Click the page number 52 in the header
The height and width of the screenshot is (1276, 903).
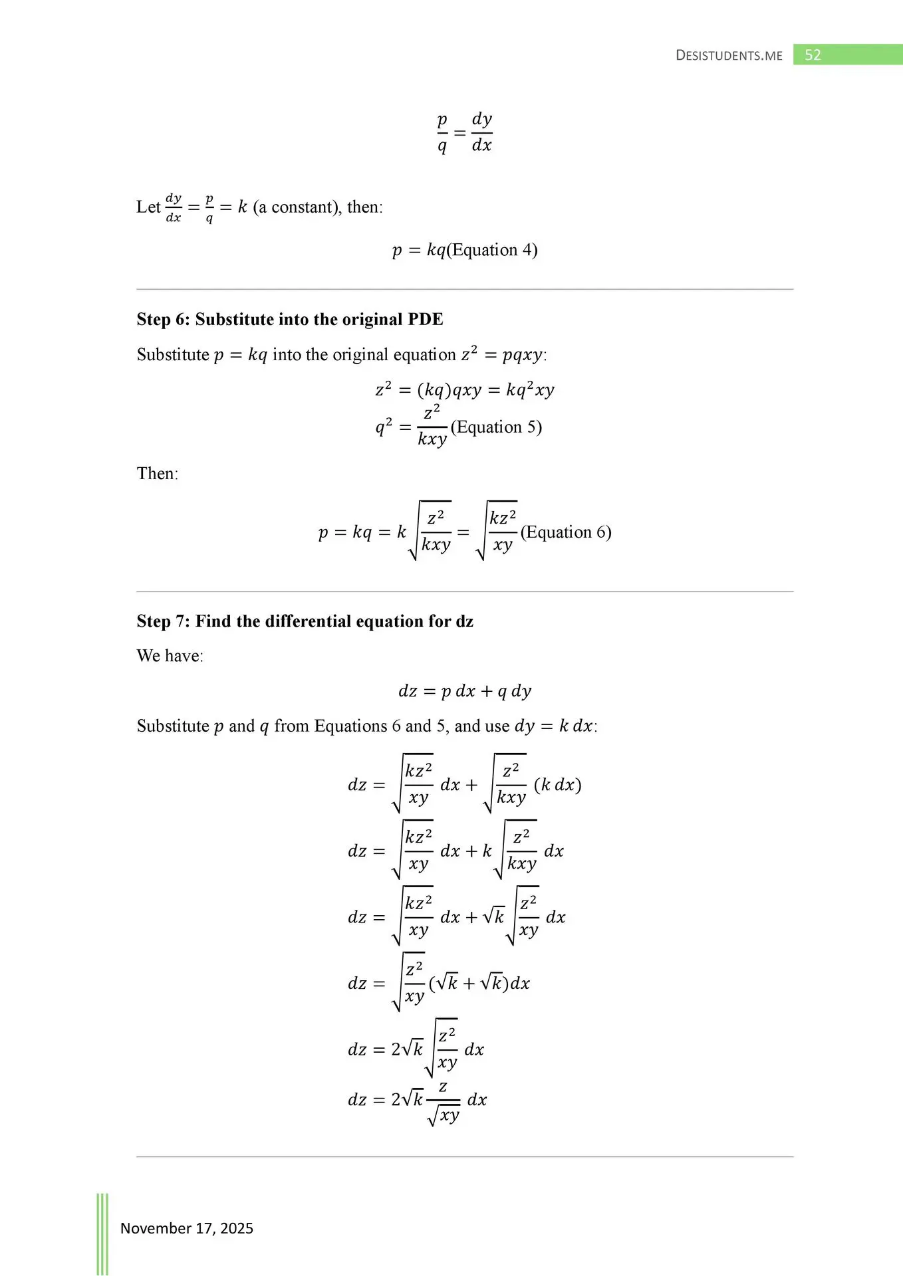(x=813, y=55)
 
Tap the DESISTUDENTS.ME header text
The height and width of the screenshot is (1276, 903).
(x=729, y=56)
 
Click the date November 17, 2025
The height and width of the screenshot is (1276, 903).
(x=187, y=1228)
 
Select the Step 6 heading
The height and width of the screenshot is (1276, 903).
(x=290, y=320)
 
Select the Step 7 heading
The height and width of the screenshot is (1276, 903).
(x=305, y=621)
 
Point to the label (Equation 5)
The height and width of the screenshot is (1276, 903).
(x=496, y=427)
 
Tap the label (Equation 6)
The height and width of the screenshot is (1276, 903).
(x=566, y=532)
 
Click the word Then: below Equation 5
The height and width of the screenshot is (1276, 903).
(x=158, y=474)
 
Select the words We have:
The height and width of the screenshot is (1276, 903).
(x=170, y=656)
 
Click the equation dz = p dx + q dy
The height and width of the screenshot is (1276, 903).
(x=465, y=691)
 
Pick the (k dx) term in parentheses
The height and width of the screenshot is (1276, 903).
(x=557, y=785)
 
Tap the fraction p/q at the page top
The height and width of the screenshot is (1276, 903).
(x=442, y=133)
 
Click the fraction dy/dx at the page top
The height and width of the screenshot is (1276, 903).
(x=481, y=133)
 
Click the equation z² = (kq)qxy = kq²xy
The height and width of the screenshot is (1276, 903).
(x=465, y=390)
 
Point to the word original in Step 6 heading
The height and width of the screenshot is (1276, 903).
(x=368, y=320)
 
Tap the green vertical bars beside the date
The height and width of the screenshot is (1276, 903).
(x=102, y=1233)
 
